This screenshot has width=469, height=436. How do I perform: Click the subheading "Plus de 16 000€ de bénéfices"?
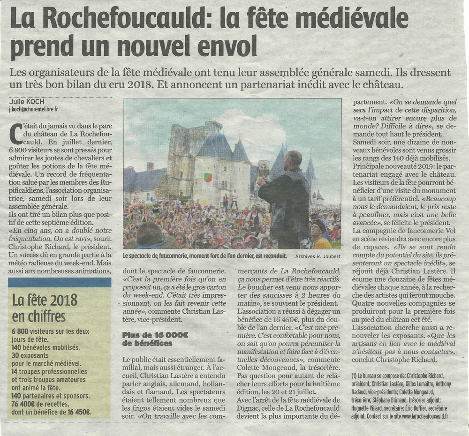click(x=147, y=339)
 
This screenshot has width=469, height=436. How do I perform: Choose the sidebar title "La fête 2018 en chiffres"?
click(x=45, y=307)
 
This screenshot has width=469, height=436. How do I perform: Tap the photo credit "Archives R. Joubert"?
click(x=318, y=256)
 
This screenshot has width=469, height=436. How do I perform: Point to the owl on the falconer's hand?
click(x=264, y=170)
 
